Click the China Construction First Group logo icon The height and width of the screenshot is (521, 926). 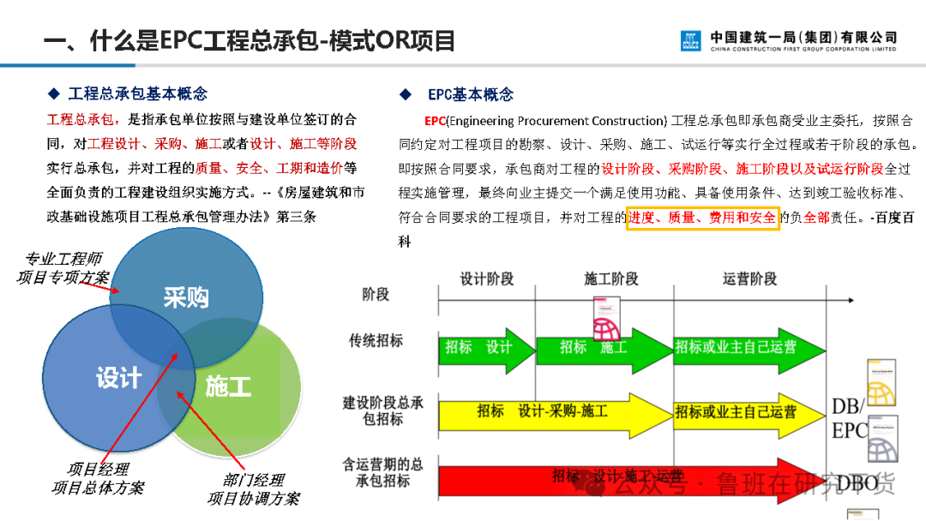(691, 40)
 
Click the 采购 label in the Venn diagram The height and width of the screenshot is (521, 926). (186, 297)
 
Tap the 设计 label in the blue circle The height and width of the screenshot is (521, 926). (118, 378)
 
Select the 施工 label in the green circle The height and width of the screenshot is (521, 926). (228, 386)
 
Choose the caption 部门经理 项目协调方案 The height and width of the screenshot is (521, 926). (253, 489)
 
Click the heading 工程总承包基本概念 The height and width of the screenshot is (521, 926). (137, 94)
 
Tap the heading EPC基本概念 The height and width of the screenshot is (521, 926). (471, 95)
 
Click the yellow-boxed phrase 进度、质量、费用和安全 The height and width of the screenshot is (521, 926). (702, 219)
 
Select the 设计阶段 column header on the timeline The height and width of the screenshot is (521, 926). (486, 278)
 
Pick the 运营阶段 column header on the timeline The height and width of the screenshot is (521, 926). (749, 278)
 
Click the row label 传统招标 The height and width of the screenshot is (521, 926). (376, 340)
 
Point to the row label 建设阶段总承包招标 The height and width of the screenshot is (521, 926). (382, 410)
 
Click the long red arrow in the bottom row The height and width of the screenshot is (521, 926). (600, 478)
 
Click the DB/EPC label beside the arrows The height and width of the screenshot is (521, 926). (849, 418)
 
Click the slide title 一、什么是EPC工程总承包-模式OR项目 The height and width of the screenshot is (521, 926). (250, 40)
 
